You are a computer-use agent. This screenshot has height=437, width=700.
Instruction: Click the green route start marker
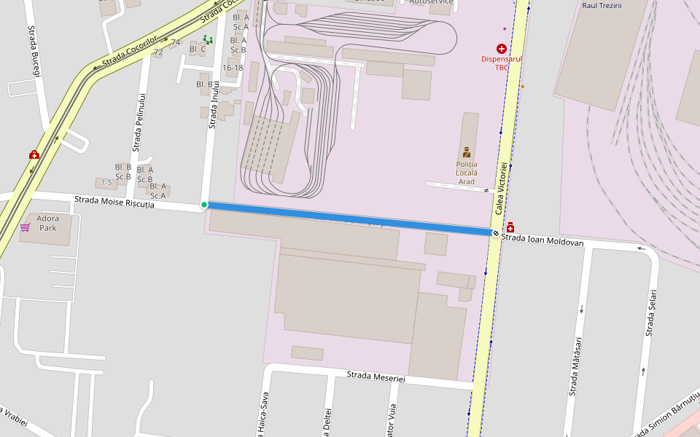pyautogui.click(x=204, y=205)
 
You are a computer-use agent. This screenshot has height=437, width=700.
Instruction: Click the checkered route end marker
pyautogui.click(x=496, y=233)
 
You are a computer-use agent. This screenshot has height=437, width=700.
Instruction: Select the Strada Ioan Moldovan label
pyautogui.click(x=542, y=240)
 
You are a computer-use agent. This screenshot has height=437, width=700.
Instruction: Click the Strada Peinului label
pyautogui.click(x=140, y=125)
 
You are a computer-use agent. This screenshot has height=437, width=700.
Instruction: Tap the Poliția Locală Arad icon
pyautogui.click(x=467, y=153)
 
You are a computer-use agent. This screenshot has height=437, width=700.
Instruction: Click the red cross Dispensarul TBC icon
pyautogui.click(x=502, y=48)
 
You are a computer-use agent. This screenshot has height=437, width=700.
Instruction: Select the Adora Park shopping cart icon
pyautogui.click(x=26, y=227)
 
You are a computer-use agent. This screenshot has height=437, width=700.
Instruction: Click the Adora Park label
pyautogui.click(x=48, y=223)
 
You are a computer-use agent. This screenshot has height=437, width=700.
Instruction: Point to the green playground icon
pyautogui.click(x=208, y=40)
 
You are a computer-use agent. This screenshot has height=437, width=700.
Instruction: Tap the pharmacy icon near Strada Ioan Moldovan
pyautogui.click(x=510, y=228)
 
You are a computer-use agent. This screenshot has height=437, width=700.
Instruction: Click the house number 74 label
pyautogui.click(x=175, y=42)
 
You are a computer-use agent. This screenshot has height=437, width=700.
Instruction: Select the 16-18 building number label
pyautogui.click(x=233, y=68)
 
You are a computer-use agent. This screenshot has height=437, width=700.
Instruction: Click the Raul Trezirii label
pyautogui.click(x=602, y=4)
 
